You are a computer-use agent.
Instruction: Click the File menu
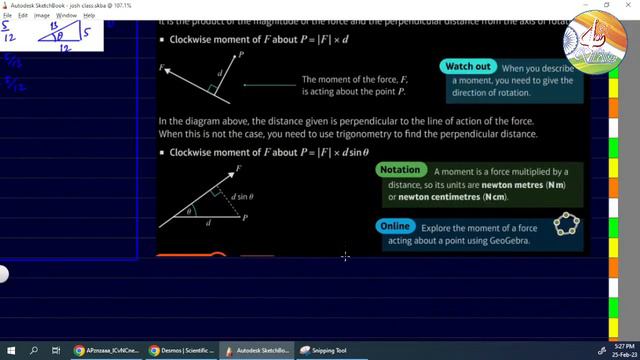tap(7, 16)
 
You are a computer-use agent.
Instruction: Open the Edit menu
tap(22, 16)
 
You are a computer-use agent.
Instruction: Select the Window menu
tap(66, 16)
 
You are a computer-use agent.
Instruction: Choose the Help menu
tap(90, 16)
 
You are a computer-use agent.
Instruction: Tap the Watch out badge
tap(468, 66)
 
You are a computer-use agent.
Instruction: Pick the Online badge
tap(395, 226)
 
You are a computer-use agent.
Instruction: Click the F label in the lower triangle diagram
tap(238, 169)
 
